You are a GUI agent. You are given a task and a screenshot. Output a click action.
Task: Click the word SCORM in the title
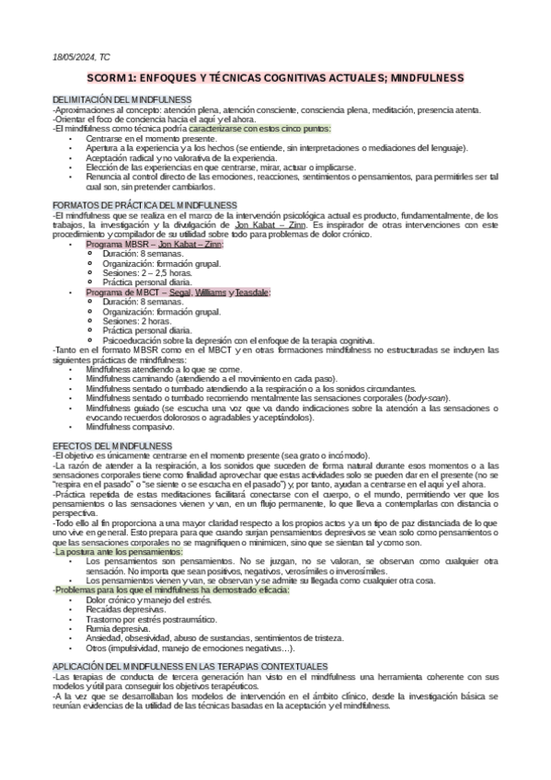132,79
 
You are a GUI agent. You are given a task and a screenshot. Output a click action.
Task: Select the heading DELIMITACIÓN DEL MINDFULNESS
121,99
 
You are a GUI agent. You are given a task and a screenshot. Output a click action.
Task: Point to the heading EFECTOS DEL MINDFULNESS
107,445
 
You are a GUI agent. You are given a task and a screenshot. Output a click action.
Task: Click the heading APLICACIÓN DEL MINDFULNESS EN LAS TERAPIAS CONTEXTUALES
189,665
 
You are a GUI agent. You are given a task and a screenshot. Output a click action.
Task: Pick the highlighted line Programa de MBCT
178,292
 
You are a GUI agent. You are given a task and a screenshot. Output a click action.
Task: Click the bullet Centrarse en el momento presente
151,138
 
